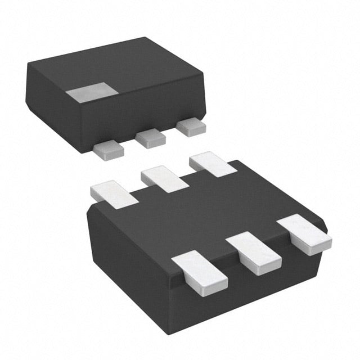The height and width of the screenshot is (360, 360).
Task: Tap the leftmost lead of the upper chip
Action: pyautogui.click(x=108, y=148)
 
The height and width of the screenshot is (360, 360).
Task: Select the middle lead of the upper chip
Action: pyautogui.click(x=149, y=137)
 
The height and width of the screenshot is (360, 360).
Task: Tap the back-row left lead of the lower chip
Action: pyautogui.click(x=113, y=191)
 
